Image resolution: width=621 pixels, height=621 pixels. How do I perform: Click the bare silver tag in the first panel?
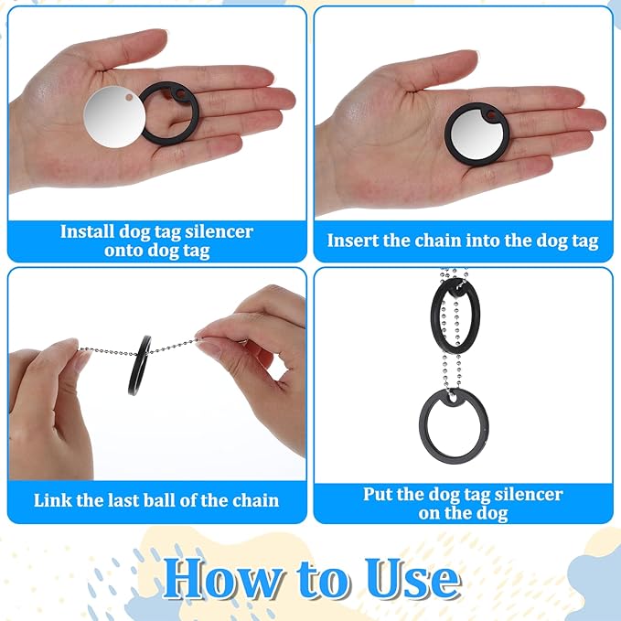coord(114,117)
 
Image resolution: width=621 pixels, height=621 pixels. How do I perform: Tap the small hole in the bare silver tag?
coord(129,97)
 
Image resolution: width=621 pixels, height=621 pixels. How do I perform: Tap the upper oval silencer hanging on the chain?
coord(434,316)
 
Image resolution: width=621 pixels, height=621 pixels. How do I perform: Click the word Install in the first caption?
coord(86,231)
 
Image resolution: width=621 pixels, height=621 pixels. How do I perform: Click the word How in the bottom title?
coord(221,579)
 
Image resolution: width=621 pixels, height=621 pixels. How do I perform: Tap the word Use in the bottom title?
coord(412,579)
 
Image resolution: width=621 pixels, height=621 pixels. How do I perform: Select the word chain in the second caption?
coord(438,241)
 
